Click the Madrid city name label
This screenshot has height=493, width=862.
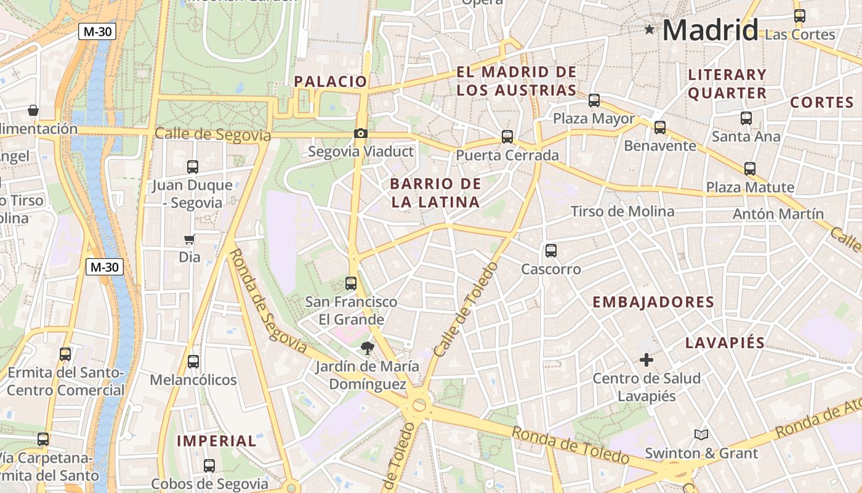click(x=710, y=30)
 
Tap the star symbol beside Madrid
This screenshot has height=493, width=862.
click(x=649, y=29)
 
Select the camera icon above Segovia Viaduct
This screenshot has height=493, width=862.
click(x=361, y=133)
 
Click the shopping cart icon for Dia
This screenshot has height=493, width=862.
click(x=190, y=239)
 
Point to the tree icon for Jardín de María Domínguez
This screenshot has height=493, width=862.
click(x=368, y=348)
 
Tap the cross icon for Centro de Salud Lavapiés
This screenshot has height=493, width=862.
click(x=647, y=360)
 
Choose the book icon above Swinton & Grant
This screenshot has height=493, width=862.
click(x=701, y=434)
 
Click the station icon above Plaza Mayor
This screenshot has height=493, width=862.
click(x=594, y=100)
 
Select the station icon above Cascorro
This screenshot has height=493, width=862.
click(x=551, y=251)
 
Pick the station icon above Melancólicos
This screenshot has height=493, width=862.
click(x=193, y=362)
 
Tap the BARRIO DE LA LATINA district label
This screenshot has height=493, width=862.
click(x=435, y=193)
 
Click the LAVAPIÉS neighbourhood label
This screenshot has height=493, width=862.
click(x=725, y=343)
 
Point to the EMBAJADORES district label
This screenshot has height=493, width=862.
click(x=653, y=303)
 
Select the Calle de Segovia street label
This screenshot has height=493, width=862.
click(x=212, y=134)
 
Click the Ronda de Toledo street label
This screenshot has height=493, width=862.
click(x=570, y=445)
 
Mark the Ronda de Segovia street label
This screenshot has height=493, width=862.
click(x=267, y=301)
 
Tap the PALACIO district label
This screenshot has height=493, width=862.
click(x=330, y=81)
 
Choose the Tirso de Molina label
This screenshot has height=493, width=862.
click(x=622, y=211)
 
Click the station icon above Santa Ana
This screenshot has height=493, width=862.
click(x=746, y=118)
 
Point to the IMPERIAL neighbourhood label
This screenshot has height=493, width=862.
click(x=216, y=441)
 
